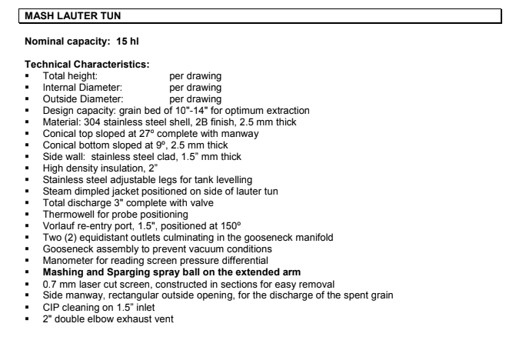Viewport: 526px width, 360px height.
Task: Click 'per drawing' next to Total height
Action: (x=195, y=77)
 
